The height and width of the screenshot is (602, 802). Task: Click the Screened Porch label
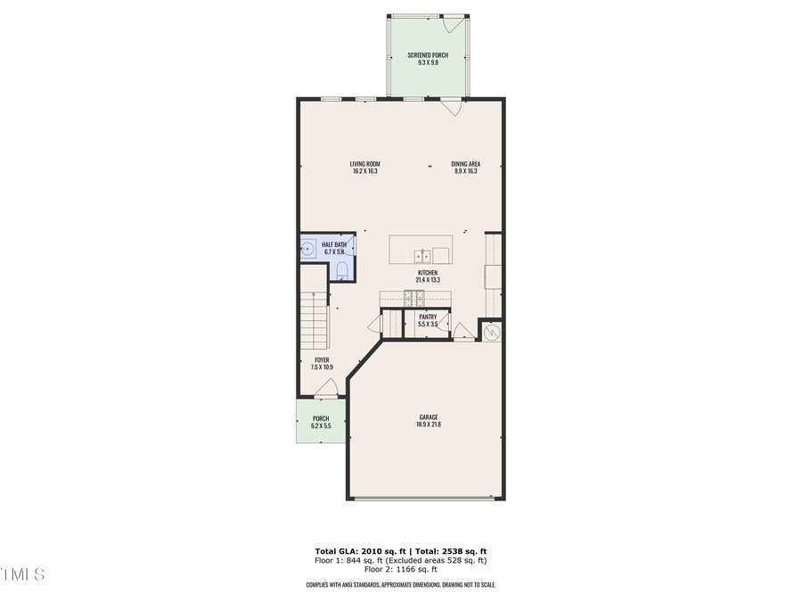[x=428, y=55]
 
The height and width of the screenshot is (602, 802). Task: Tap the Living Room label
[x=365, y=164]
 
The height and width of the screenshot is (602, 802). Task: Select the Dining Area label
[x=466, y=164]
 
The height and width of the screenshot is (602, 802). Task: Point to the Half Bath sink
[x=307, y=248]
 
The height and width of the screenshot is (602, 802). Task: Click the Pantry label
[x=428, y=317]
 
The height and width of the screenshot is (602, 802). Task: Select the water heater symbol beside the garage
[x=493, y=332]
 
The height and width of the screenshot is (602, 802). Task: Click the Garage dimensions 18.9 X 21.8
[x=428, y=425]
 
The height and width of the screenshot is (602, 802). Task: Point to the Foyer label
[x=322, y=360]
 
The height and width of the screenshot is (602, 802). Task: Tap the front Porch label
[x=321, y=419]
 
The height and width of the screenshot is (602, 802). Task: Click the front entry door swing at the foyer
[x=326, y=387]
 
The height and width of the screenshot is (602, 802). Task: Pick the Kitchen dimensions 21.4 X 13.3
[x=428, y=280]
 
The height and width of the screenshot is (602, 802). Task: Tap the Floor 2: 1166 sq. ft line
[x=400, y=569]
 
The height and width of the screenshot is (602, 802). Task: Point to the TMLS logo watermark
[x=22, y=574]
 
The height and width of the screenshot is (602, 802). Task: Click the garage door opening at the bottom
[x=426, y=499]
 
